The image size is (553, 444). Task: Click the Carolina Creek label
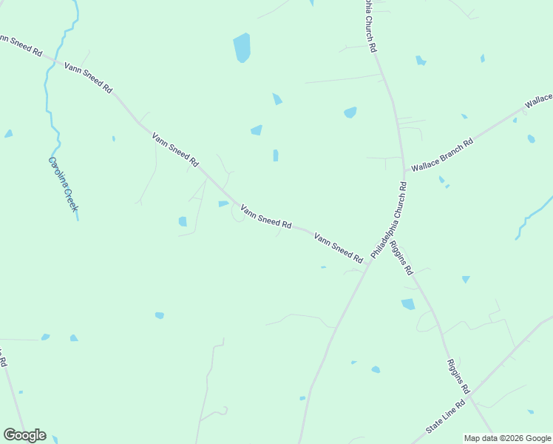[x=63, y=184]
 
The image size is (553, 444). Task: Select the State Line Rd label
[x=446, y=417]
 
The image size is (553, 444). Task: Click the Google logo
[x=24, y=435]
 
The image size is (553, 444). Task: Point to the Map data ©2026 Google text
[x=508, y=438]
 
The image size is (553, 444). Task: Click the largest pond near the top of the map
[x=242, y=48]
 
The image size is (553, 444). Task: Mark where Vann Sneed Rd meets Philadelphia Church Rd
[x=368, y=264]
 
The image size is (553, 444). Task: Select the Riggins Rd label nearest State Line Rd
[x=458, y=376]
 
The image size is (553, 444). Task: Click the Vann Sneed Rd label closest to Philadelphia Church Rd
[x=339, y=248]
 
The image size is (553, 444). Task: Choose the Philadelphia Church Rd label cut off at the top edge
[x=370, y=25]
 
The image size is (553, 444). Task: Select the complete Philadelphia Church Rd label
[x=389, y=221]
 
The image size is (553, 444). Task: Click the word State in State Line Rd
[x=435, y=425]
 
